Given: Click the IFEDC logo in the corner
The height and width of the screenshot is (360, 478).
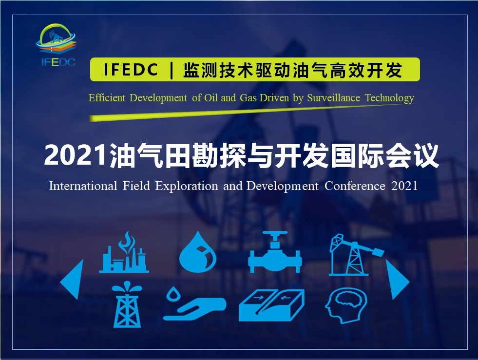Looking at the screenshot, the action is coord(56,45).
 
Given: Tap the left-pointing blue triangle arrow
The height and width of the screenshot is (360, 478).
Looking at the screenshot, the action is coord(73,280).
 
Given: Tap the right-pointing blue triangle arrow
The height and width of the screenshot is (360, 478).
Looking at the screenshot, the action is coord(397,280).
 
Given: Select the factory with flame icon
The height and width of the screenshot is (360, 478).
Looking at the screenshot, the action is coord(124,252).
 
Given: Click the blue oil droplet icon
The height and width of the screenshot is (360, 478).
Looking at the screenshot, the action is coord(198,252).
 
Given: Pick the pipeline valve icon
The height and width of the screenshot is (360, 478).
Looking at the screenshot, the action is coord(275,252).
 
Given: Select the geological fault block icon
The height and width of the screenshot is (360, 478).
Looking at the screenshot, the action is coord(271,305).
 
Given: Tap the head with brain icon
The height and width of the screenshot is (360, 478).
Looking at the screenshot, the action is coord(346,305).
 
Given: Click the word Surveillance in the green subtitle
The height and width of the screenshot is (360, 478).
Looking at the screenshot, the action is coord(333,98).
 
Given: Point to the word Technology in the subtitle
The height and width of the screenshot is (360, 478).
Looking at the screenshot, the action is coord(390,98).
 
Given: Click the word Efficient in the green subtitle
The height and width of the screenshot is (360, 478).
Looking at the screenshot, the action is coord(107,98).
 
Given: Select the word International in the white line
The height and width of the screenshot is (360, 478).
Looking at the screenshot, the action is coord(83,186).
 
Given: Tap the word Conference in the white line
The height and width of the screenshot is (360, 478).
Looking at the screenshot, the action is coord(355,186).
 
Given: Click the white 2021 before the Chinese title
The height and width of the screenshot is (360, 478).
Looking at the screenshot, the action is coord(76,155).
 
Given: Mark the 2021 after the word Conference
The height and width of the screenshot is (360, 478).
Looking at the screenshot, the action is coord(404,186).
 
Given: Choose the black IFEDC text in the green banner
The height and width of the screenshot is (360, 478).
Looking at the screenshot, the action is coord(131,70).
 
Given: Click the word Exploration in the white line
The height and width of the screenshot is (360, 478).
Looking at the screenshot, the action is coord(187,186).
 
